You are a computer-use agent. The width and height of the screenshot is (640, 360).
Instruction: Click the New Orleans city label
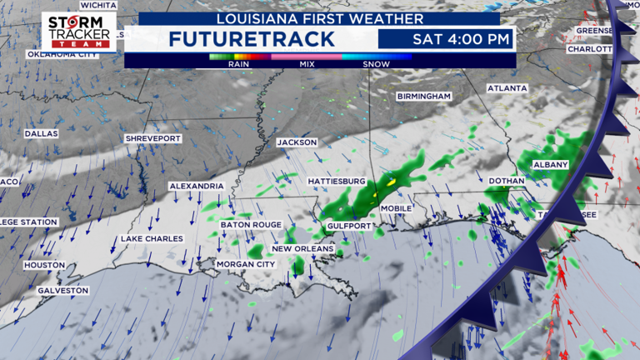(303, 248)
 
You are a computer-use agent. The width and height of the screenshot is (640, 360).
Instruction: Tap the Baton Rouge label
(251, 225)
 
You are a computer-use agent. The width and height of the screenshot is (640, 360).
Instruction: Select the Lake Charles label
(152, 239)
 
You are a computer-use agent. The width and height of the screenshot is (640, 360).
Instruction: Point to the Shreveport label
(152, 137)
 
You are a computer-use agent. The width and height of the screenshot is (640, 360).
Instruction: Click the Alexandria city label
(196, 185)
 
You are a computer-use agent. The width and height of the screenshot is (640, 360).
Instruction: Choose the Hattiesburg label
(337, 181)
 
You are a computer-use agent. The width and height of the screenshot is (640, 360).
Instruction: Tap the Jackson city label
(297, 142)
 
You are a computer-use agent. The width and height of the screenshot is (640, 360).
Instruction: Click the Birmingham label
(423, 97)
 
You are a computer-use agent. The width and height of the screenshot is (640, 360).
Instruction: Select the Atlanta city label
(507, 87)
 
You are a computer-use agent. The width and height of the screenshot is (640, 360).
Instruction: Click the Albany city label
(549, 165)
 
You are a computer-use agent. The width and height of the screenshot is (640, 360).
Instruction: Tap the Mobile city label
(397, 208)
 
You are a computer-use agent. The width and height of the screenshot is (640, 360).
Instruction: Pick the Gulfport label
(349, 226)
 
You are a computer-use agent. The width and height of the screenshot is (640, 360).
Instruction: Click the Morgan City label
(245, 264)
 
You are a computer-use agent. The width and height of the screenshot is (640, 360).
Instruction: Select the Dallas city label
(41, 133)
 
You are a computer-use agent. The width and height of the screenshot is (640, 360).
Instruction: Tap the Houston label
(44, 265)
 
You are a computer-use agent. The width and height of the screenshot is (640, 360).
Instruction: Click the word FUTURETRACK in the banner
(252, 39)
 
